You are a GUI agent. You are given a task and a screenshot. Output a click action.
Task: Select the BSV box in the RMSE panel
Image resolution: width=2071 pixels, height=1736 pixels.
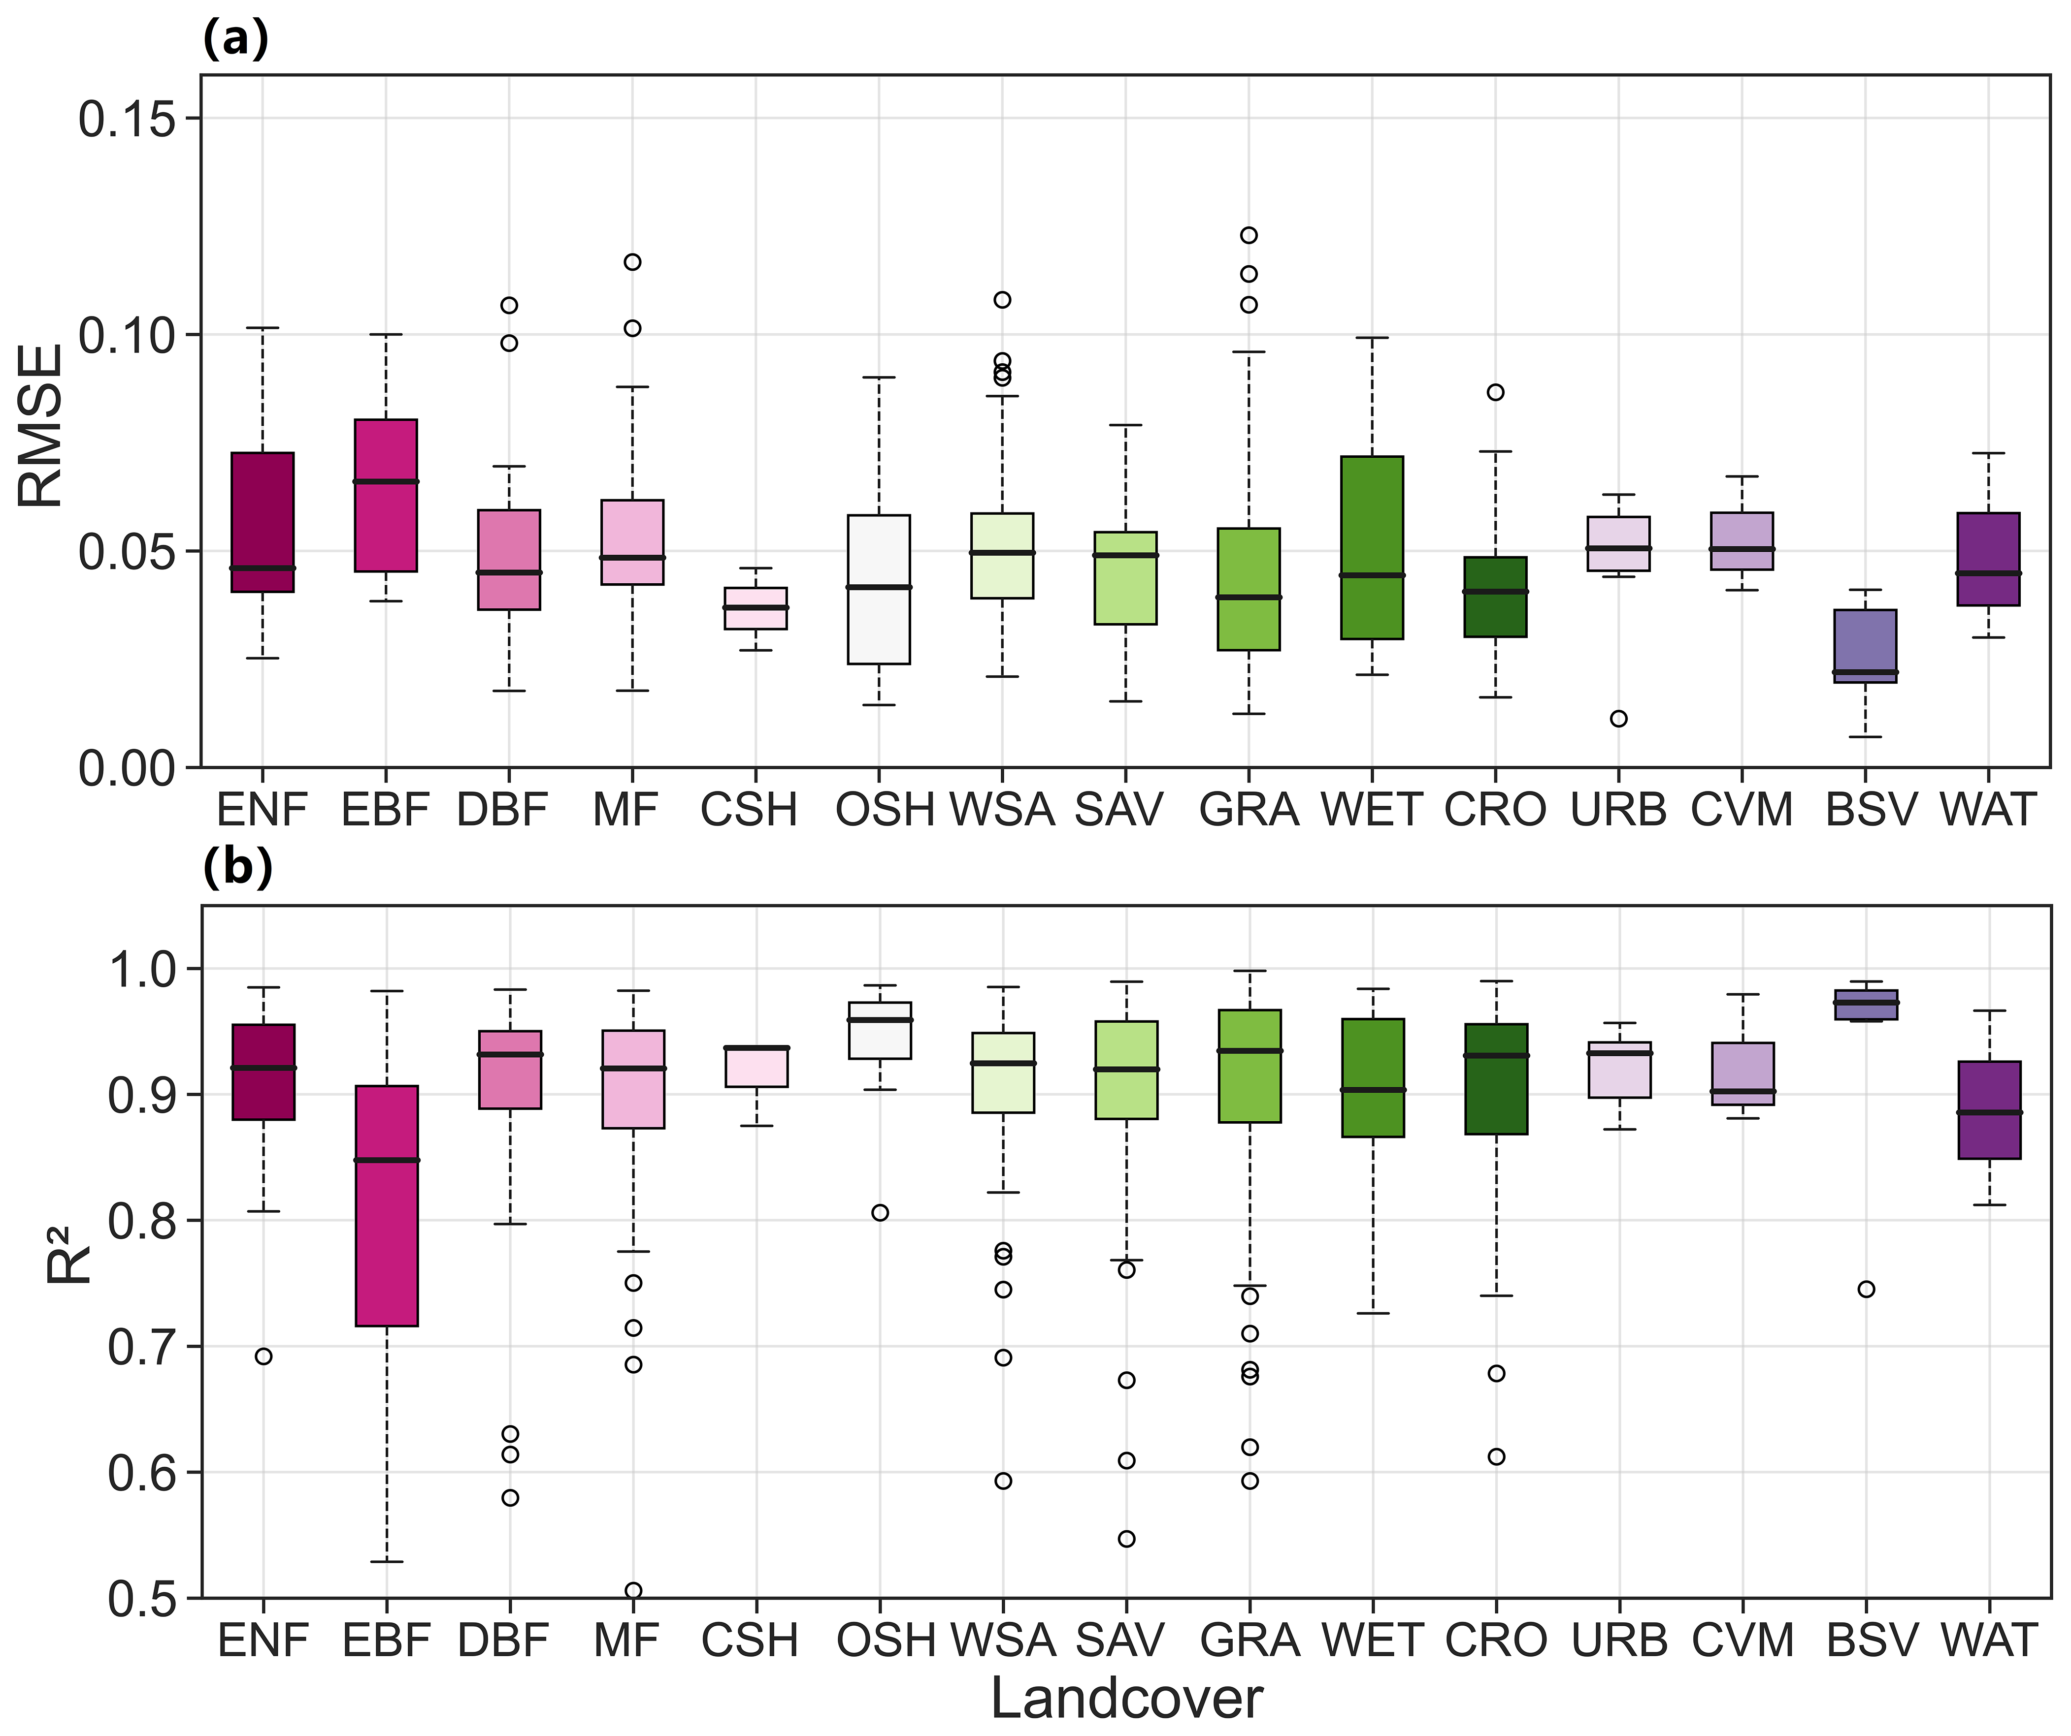1865,646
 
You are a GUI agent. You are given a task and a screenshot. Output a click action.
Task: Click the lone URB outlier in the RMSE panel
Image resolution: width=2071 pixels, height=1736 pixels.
1618,719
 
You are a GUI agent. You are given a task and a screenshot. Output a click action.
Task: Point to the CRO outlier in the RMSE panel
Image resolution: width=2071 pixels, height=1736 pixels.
1495,392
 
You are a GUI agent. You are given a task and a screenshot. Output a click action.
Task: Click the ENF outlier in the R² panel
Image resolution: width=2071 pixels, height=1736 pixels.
263,1357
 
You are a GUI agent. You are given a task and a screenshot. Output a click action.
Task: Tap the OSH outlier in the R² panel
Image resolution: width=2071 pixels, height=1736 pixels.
880,1212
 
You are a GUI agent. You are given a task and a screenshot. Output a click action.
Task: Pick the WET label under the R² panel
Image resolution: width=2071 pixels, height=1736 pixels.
1372,1641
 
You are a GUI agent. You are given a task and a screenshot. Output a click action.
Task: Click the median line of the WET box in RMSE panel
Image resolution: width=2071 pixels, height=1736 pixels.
1372,575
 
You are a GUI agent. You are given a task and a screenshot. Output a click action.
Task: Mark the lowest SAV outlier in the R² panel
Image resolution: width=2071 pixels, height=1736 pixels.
1126,1539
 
